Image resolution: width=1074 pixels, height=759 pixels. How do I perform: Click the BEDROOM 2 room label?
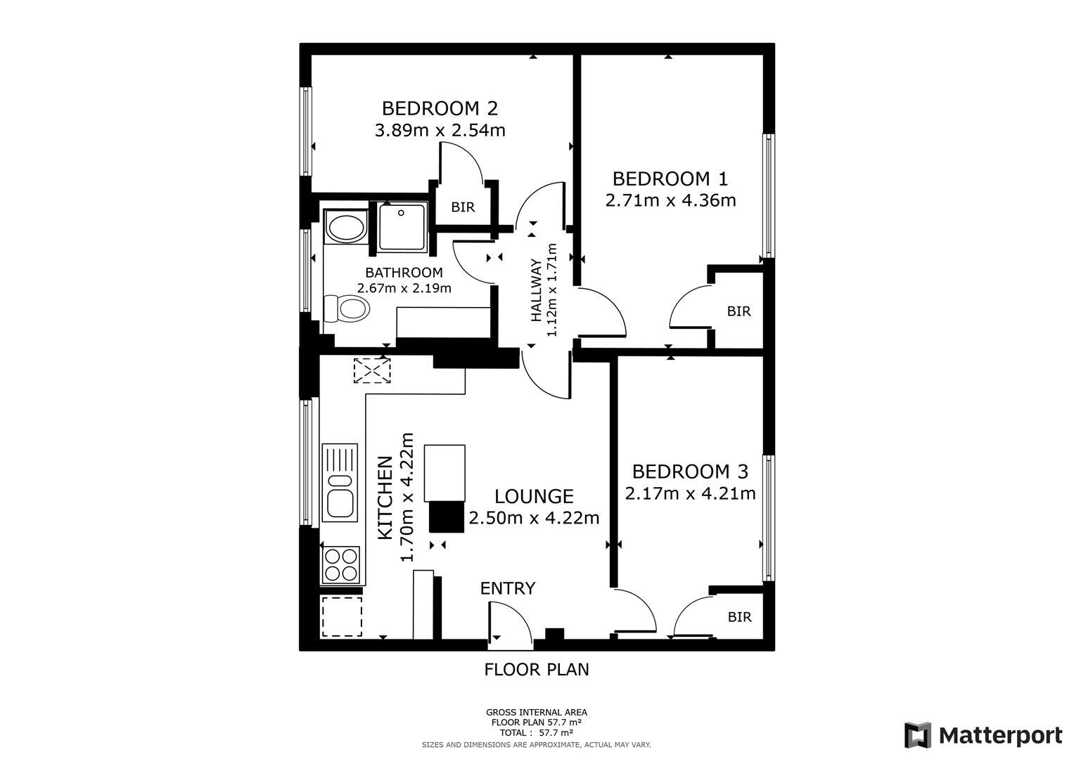(x=440, y=108)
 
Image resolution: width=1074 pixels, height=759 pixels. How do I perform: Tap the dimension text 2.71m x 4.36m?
(x=670, y=200)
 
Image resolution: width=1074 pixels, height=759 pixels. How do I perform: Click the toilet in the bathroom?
(x=347, y=308)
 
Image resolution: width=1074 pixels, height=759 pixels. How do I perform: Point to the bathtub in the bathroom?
(x=345, y=228)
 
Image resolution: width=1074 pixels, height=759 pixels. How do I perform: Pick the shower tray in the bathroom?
(x=402, y=226)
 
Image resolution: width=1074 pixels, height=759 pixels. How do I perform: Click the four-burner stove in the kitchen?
(x=340, y=565)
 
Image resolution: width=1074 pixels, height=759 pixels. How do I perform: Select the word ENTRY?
(x=508, y=588)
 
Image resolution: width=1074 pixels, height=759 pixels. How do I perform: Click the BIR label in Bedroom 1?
(x=739, y=311)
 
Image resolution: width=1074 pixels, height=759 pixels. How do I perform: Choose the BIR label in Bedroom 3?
(x=739, y=617)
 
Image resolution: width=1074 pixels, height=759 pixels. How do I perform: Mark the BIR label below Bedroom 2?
(x=463, y=207)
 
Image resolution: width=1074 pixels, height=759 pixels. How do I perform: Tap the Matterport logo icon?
(x=918, y=735)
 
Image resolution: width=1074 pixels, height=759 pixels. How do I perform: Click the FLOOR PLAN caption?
(x=536, y=670)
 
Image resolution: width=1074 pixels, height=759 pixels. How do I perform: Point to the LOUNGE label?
(x=534, y=497)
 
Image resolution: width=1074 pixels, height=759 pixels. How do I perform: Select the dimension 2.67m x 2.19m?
(x=404, y=288)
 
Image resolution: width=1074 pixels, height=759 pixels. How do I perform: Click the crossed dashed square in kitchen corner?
(x=372, y=370)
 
